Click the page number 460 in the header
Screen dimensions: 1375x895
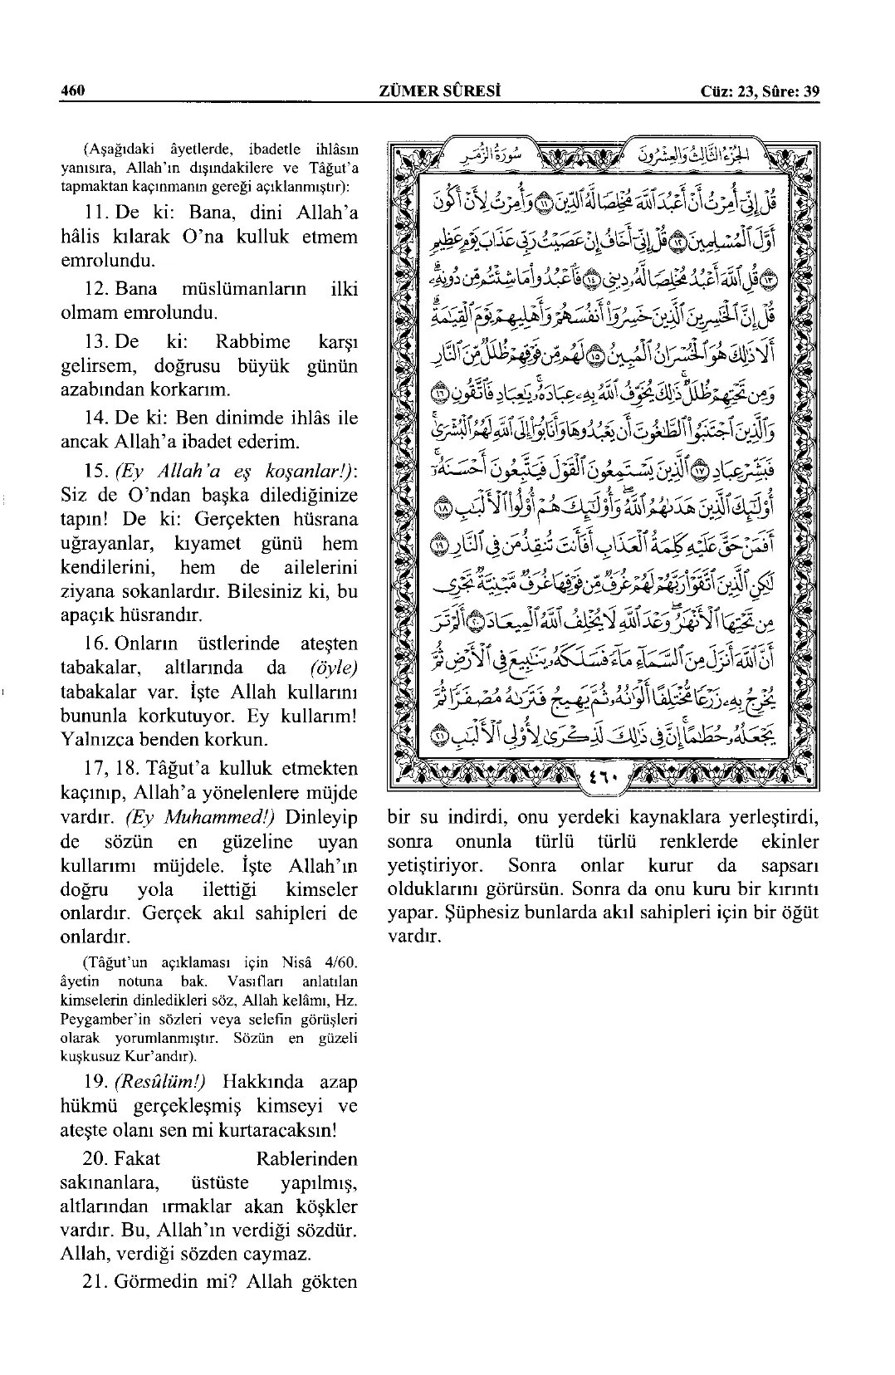pyautogui.click(x=74, y=91)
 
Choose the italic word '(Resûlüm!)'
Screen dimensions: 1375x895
pyautogui.click(x=160, y=1082)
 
